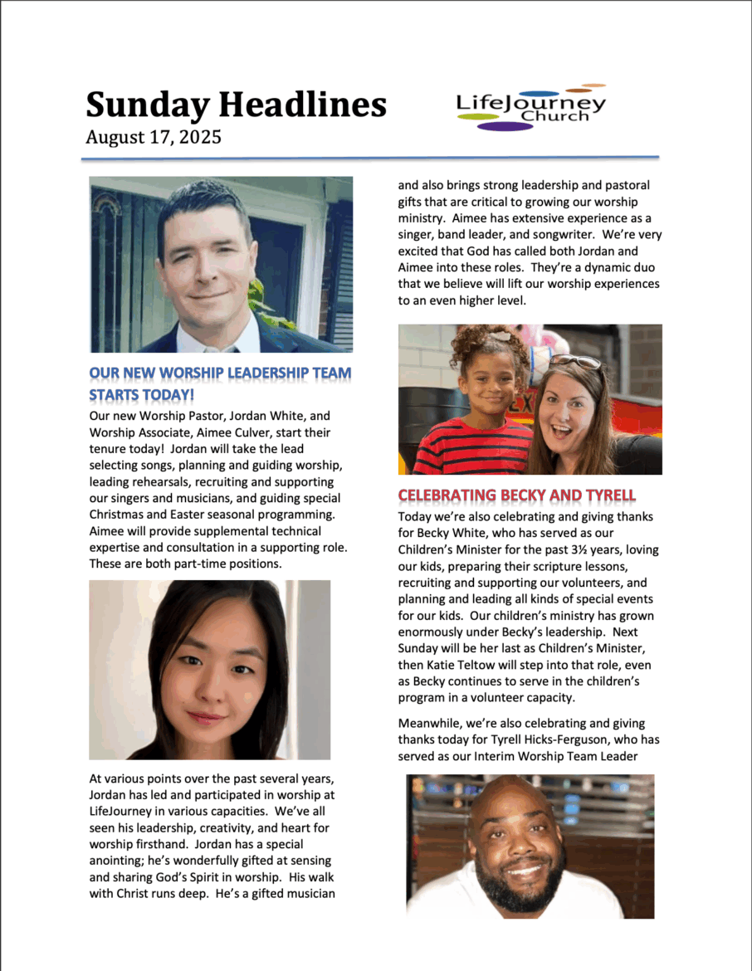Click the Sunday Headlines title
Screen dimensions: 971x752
pos(236,105)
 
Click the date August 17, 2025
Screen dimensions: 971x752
pos(153,137)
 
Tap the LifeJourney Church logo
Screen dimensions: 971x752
pos(531,107)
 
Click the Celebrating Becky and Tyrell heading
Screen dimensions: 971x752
pos(516,495)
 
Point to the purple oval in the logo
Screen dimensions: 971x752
pos(505,127)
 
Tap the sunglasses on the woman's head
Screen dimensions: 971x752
pos(575,361)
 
